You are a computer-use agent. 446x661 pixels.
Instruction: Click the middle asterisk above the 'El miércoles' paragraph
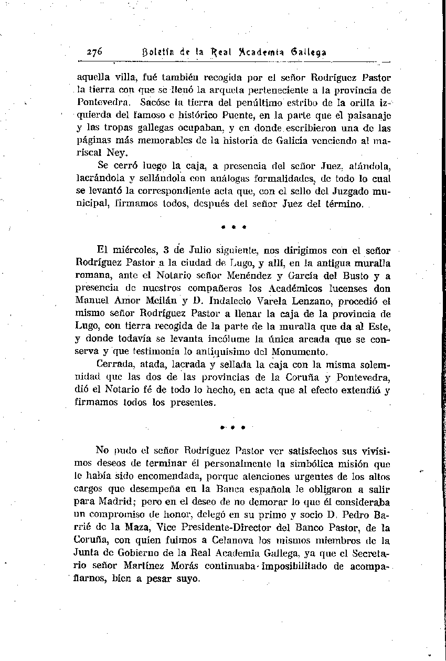click(234, 228)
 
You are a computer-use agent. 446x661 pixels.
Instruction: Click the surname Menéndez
click(249, 276)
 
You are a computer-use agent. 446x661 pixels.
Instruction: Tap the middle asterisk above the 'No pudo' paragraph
click(234, 427)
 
